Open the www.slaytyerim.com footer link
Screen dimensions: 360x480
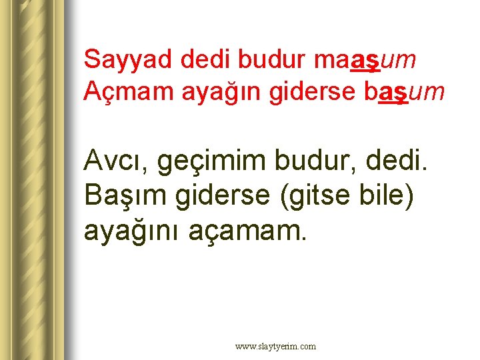coord(275,347)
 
